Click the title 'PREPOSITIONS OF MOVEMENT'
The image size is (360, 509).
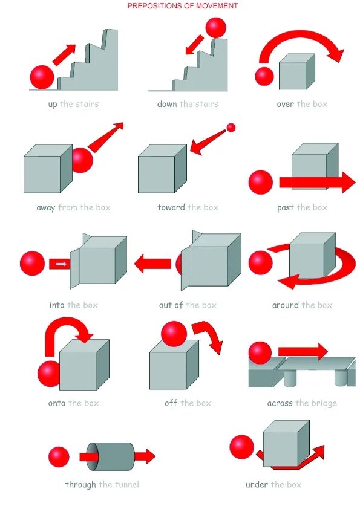pos(182,6)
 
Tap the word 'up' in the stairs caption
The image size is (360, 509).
pos(53,104)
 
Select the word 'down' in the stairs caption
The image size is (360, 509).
pos(167,104)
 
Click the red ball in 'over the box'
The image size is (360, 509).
pos(264,76)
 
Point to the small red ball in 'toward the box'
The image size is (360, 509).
pos(231,128)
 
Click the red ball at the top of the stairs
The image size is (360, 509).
pos(215,27)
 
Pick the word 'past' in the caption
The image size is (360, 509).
pos(286,207)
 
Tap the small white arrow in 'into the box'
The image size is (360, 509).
pos(61,264)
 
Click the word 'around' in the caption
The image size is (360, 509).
pos(285,305)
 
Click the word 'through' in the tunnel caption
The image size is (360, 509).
pos(80,484)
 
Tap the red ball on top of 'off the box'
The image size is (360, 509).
pos(174,334)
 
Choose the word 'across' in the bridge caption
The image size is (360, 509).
pos(280,403)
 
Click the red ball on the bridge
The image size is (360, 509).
pos(260,353)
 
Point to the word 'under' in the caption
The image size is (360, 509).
pos(257,484)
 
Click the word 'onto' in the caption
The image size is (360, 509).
pos(57,403)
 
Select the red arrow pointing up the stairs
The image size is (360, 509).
pos(64,54)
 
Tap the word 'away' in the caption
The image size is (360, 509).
pos(46,207)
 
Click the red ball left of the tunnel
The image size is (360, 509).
pos(59,456)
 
